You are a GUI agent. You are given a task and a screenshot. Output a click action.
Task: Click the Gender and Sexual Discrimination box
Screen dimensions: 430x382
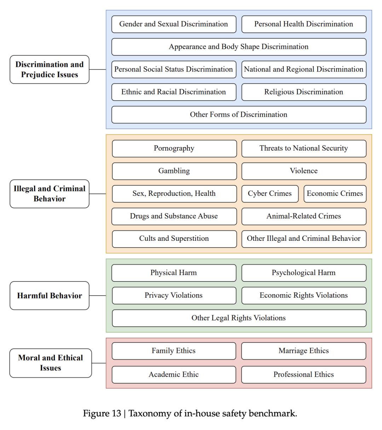click(x=174, y=24)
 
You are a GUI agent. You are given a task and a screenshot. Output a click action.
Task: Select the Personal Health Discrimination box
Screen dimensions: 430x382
click(x=303, y=24)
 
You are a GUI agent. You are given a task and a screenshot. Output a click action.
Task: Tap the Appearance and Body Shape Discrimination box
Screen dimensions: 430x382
click(x=239, y=47)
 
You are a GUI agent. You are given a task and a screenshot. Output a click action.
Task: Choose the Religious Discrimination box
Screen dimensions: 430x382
click(x=303, y=92)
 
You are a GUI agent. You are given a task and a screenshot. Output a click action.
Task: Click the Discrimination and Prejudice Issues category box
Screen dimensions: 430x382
click(x=50, y=69)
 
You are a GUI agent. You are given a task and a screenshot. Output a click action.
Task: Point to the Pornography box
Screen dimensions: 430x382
click(x=174, y=148)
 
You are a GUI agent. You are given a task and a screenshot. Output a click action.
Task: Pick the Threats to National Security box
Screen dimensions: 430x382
click(x=303, y=148)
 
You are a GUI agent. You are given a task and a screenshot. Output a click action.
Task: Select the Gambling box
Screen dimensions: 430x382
click(x=174, y=171)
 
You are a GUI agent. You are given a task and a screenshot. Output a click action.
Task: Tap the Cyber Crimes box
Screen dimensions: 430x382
click(x=270, y=193)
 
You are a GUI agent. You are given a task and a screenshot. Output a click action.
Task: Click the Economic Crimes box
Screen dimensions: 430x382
click(x=335, y=193)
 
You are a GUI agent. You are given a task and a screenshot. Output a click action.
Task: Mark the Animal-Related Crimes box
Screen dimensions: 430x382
click(x=303, y=216)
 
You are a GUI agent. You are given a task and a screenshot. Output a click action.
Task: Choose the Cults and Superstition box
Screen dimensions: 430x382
click(x=174, y=239)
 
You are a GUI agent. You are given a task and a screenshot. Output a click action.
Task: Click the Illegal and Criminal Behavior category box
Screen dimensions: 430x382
click(x=50, y=193)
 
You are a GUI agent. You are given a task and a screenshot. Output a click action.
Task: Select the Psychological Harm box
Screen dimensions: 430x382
click(x=303, y=273)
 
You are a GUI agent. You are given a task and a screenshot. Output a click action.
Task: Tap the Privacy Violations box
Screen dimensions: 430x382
click(x=174, y=295)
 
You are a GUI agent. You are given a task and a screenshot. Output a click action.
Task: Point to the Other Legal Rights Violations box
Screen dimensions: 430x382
click(x=239, y=318)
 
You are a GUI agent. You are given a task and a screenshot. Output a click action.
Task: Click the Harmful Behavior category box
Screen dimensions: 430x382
click(x=50, y=296)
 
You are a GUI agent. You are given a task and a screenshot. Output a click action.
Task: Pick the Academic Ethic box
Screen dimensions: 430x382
click(x=174, y=374)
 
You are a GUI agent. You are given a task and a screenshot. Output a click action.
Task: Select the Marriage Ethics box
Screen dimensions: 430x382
click(x=303, y=351)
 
